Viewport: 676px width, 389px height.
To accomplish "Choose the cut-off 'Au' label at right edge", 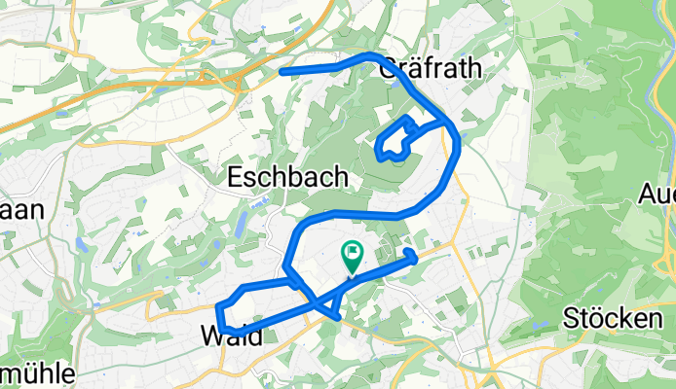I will (x=657, y=194).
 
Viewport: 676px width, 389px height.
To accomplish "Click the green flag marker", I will (x=351, y=256).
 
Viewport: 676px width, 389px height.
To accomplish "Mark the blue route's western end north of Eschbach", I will (x=282, y=72).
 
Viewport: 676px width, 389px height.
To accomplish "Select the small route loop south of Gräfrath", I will (x=394, y=138).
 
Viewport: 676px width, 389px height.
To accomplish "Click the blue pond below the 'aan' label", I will (x=81, y=245).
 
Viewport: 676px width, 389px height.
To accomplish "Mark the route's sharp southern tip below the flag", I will (x=337, y=316).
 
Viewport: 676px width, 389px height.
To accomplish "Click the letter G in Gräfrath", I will (x=387, y=68).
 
